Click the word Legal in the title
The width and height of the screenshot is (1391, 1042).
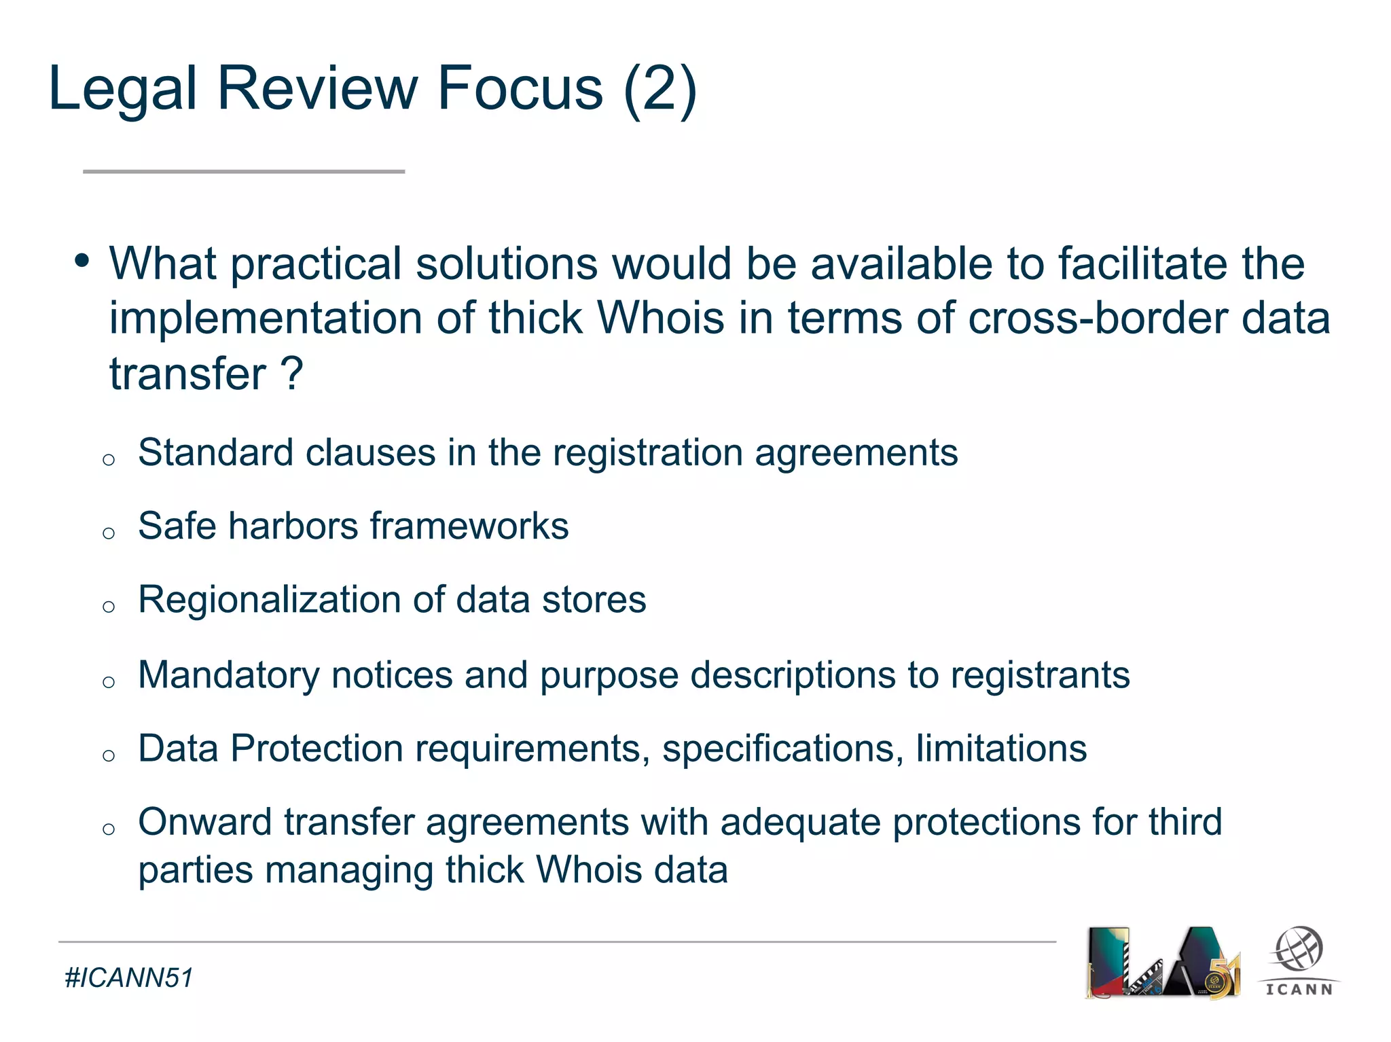(x=123, y=89)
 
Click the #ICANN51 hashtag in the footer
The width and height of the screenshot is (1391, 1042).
(x=129, y=978)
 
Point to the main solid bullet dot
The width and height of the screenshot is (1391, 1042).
(x=82, y=260)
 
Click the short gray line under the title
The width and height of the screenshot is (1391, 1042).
(x=244, y=172)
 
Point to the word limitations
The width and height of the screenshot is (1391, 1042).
(x=1001, y=749)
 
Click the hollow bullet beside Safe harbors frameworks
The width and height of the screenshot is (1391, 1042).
(x=109, y=533)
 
